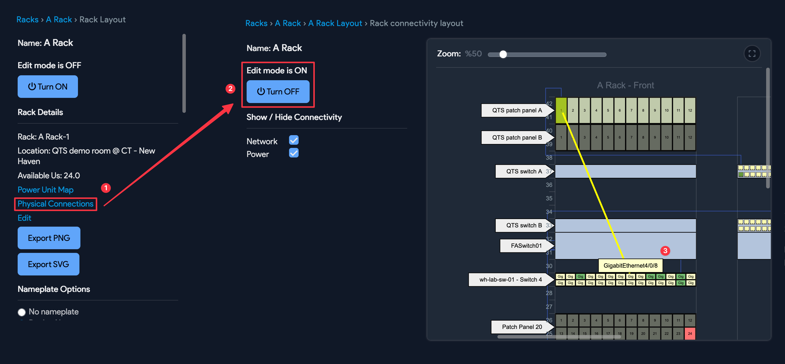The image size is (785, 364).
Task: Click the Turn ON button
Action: click(48, 87)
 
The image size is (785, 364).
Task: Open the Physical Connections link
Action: click(55, 204)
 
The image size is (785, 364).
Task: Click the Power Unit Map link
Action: click(45, 190)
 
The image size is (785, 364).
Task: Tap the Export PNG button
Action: click(49, 238)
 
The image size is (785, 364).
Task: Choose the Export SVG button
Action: click(49, 264)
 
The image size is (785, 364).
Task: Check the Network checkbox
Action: click(293, 140)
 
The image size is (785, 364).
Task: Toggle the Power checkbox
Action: click(293, 153)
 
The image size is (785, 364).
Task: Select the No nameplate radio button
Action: click(22, 312)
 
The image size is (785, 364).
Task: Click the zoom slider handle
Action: click(503, 54)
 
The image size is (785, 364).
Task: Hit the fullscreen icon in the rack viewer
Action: click(752, 54)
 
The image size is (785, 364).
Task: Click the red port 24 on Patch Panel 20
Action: click(690, 333)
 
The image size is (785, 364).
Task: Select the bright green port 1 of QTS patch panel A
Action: click(561, 110)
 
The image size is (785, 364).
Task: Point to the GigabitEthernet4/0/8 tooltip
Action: click(630, 265)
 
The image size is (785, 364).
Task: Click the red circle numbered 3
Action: click(665, 251)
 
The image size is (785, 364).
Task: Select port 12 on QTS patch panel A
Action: click(690, 110)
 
